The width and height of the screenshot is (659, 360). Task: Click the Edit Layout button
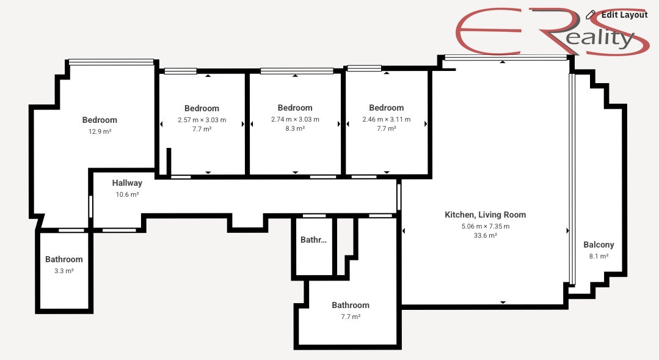tap(616, 15)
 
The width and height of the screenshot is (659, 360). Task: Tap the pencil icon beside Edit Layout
tap(591, 15)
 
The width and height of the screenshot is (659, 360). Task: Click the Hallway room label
tap(127, 183)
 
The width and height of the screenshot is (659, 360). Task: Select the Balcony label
tap(599, 244)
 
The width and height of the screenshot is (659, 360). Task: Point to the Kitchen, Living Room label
tap(486, 215)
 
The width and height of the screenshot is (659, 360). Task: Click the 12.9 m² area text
tap(100, 131)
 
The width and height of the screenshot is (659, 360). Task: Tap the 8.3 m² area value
tap(295, 129)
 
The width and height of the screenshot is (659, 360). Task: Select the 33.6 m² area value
tap(486, 235)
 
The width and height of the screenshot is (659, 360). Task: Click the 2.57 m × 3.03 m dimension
tap(202, 120)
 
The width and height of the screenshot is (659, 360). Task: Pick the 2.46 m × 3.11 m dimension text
tap(386, 119)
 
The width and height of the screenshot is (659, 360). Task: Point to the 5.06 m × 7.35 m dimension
tap(486, 226)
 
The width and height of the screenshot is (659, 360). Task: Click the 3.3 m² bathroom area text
tap(64, 271)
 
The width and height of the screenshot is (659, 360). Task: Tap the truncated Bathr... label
tap(313, 240)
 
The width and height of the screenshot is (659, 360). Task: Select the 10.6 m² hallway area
tap(127, 195)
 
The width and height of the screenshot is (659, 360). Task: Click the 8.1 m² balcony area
tap(599, 256)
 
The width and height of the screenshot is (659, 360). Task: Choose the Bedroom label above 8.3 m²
tap(295, 108)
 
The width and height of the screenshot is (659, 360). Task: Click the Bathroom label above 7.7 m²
tap(351, 306)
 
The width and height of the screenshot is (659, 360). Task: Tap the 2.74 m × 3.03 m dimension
tap(295, 119)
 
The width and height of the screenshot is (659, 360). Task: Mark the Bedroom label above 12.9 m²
tap(100, 120)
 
